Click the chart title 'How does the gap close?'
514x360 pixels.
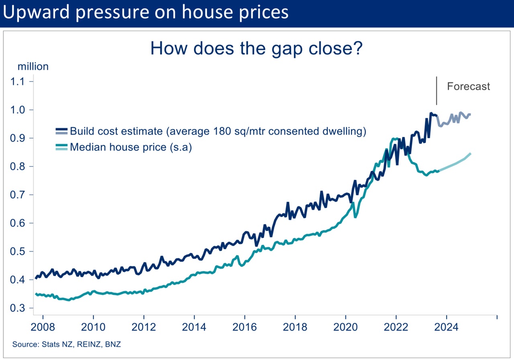(x=257, y=48)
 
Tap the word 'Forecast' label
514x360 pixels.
(x=468, y=86)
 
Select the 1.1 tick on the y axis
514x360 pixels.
(x=17, y=82)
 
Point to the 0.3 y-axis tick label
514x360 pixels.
(x=17, y=308)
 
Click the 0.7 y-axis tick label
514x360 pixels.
(x=17, y=195)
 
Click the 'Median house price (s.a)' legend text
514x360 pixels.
(x=131, y=147)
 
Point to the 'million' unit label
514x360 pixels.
(x=33, y=66)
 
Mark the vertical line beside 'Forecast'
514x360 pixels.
(x=436, y=91)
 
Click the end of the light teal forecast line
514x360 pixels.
(x=470, y=154)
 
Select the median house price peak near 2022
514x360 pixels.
(x=394, y=139)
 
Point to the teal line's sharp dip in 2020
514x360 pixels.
(x=355, y=217)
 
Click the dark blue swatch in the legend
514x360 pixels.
(x=62, y=131)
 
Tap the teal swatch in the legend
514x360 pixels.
(x=62, y=147)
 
